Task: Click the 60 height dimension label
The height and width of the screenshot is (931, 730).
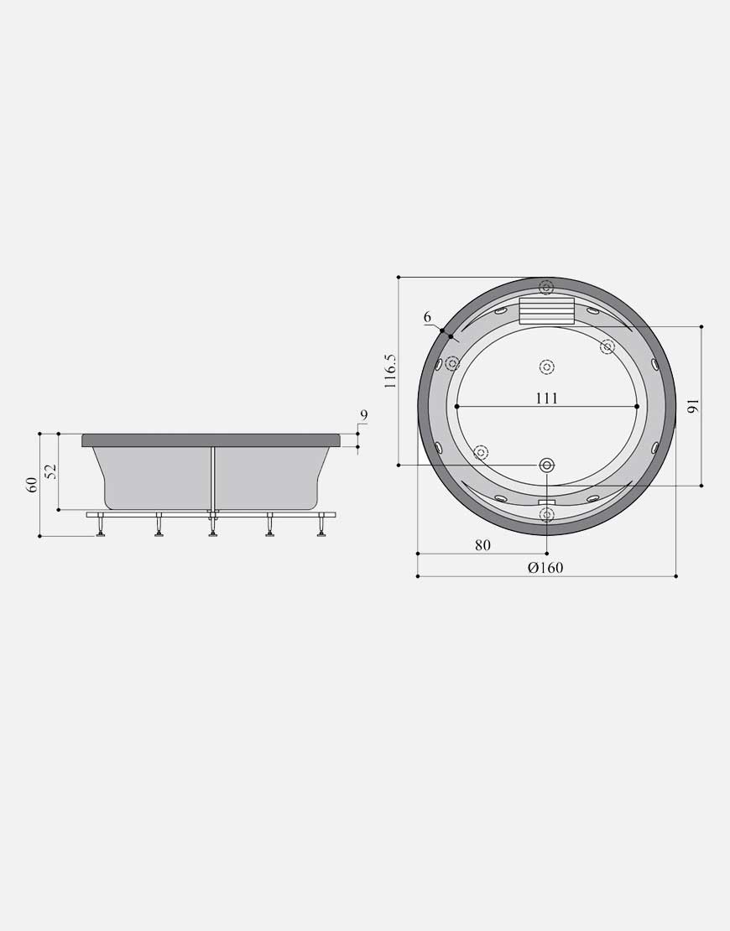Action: [x=33, y=485]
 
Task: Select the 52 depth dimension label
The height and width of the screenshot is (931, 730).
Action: [x=52, y=471]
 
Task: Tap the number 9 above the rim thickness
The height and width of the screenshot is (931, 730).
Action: [x=364, y=416]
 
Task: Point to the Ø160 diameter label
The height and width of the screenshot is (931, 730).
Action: [x=545, y=567]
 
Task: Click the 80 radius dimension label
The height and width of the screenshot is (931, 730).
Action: [x=483, y=544]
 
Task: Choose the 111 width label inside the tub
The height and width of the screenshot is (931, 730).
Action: [x=546, y=398]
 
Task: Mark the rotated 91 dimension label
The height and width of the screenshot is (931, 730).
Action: [x=693, y=407]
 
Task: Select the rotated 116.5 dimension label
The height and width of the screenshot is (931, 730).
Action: [x=390, y=372]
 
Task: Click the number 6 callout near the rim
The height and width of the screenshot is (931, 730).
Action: [x=427, y=318]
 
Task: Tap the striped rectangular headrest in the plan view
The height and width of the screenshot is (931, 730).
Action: [x=546, y=311]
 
